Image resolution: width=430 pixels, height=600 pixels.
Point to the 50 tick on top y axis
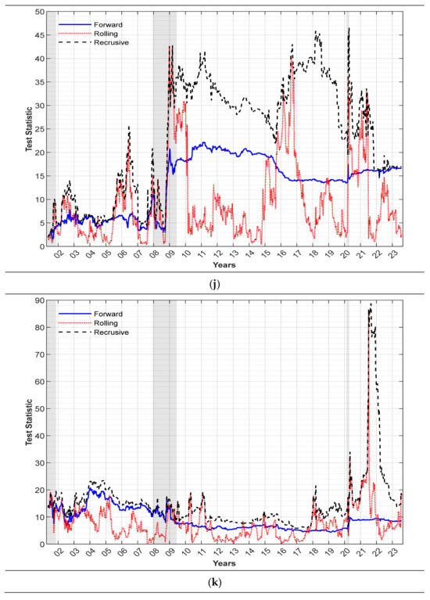(x=38, y=12)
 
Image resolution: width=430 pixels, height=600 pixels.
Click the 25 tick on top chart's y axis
(x=38, y=129)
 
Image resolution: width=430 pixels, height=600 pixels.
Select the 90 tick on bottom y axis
(x=38, y=302)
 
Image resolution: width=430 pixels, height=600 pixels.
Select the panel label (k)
(x=215, y=583)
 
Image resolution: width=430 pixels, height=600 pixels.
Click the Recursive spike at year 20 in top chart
(x=348, y=28)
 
